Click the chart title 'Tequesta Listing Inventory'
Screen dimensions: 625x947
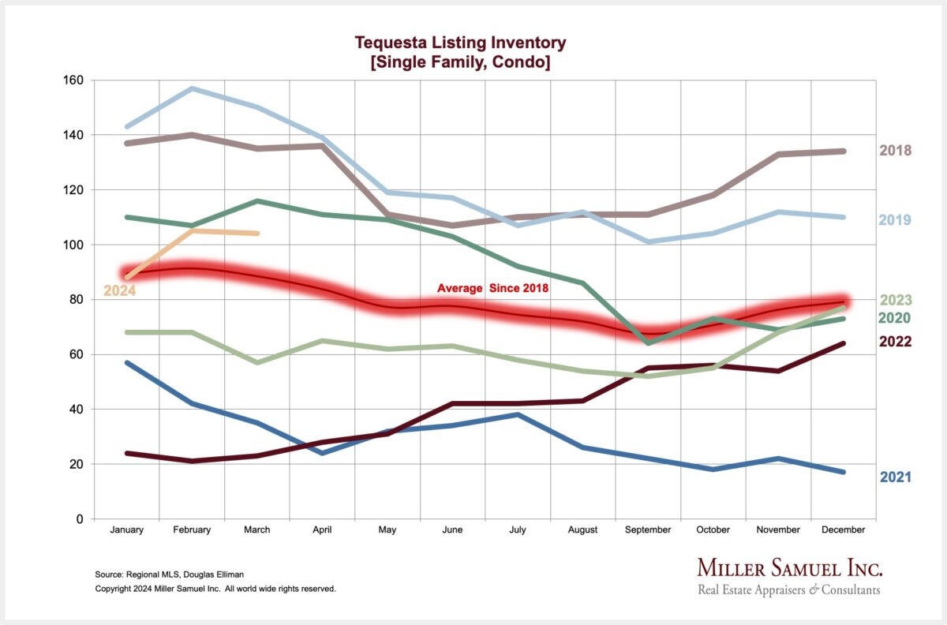tap(460, 43)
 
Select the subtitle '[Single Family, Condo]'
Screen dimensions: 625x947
tap(460, 62)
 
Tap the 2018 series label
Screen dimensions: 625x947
tap(896, 151)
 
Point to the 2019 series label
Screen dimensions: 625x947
tap(896, 219)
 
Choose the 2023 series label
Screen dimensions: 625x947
tap(896, 300)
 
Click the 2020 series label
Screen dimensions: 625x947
tap(896, 318)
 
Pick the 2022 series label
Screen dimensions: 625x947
tap(896, 342)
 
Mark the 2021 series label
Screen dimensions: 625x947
tap(896, 477)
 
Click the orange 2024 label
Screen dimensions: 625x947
tap(120, 290)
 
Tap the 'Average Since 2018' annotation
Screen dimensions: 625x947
tap(493, 289)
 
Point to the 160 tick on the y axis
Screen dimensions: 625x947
tap(73, 80)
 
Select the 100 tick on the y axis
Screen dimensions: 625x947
tap(73, 245)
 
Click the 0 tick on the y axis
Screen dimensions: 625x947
tap(80, 519)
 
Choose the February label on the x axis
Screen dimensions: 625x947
tap(192, 530)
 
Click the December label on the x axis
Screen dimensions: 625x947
tap(844, 530)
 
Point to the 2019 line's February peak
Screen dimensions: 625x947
tap(192, 88)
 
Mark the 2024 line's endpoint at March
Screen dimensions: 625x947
tap(257, 233)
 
